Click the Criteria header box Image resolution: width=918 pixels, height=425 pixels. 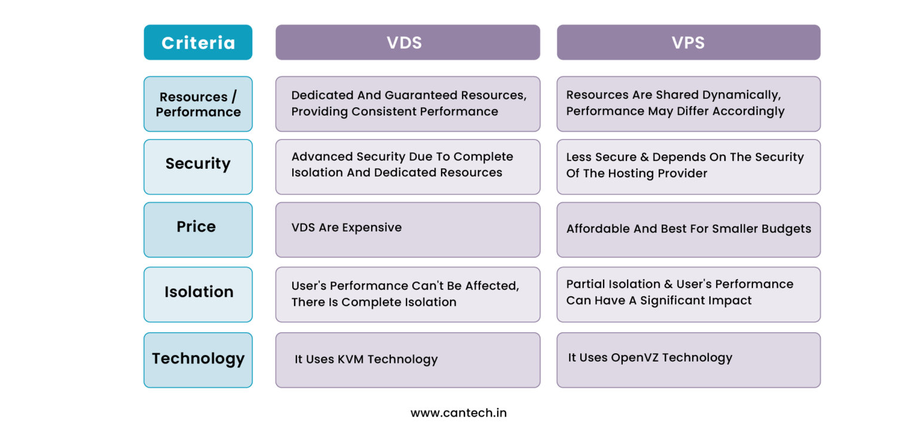click(198, 42)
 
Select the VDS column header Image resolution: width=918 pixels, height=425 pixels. click(408, 42)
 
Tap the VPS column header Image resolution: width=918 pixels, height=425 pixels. click(688, 42)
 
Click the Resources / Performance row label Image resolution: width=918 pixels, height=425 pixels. click(198, 104)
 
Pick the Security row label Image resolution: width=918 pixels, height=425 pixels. click(198, 164)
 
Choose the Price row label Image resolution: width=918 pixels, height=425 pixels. click(196, 227)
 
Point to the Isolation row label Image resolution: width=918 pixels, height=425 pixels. click(198, 292)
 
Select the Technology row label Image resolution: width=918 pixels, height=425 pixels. click(198, 359)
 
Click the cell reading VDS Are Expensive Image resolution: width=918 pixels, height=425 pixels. click(347, 228)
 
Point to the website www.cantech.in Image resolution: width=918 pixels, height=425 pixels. click(458, 413)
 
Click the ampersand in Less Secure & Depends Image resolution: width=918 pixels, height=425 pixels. click(645, 157)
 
